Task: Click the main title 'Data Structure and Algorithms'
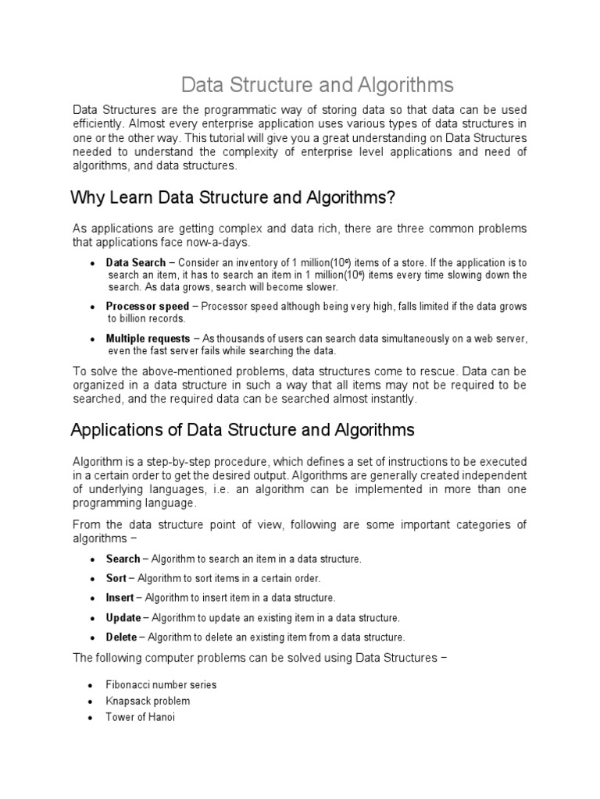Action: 317,83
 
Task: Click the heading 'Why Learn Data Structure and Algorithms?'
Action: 234,197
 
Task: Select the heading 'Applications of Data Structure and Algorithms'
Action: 242,430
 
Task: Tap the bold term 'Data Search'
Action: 136,263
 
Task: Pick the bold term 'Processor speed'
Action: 148,307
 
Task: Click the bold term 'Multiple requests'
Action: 148,339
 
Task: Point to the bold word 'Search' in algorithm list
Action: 123,559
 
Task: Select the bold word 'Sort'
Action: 116,578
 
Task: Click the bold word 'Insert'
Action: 120,598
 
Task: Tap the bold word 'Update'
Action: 123,617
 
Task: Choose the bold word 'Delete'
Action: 121,637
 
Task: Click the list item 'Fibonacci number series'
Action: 161,684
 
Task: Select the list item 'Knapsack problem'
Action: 148,701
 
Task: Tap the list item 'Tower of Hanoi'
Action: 140,717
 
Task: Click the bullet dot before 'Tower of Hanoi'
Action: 92,718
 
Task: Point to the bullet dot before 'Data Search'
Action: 93,264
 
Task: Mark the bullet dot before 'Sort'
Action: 92,579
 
